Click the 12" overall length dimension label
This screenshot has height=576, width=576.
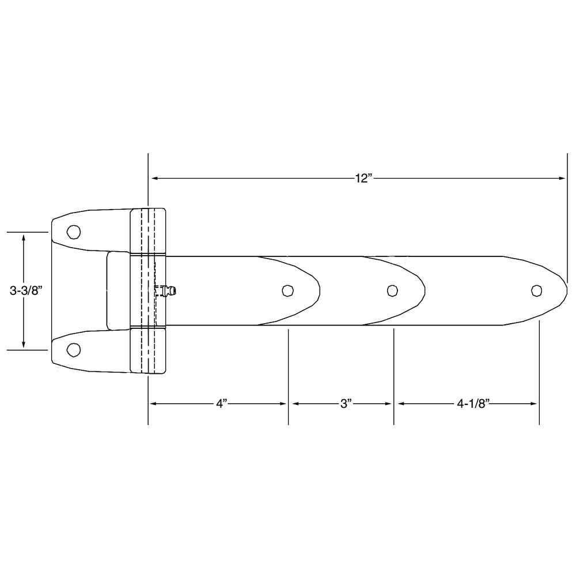point(363,179)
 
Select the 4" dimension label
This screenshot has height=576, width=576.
point(222,404)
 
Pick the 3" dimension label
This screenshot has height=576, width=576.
point(346,404)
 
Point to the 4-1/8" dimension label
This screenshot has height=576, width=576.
point(473,404)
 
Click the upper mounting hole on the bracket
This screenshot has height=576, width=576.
point(73,232)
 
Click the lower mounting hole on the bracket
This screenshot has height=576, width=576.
point(73,350)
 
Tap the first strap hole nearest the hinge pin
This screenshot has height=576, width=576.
point(287,290)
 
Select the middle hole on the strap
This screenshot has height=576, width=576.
point(392,290)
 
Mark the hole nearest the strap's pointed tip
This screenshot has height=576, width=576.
point(537,290)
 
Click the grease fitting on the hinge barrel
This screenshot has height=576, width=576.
point(169,291)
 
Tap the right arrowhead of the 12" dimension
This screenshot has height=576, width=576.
point(563,179)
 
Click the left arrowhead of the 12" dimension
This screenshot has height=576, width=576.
point(154,179)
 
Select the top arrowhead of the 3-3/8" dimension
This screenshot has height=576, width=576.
point(24,237)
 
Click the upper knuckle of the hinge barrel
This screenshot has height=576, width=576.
point(148,230)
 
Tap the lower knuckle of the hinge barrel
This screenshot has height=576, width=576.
point(148,350)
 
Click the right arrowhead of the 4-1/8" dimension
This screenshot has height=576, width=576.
point(534,404)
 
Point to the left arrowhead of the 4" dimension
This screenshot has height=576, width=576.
point(153,404)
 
